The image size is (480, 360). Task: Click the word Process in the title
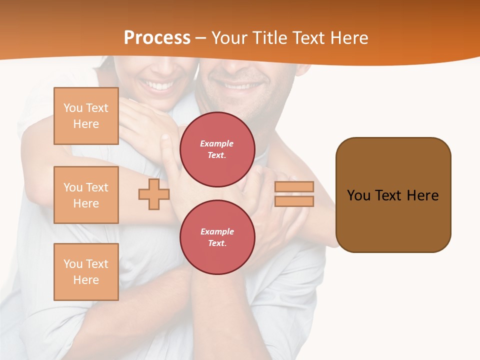tap(157, 38)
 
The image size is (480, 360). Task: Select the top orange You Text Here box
tap(86, 116)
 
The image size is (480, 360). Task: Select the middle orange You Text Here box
tap(86, 195)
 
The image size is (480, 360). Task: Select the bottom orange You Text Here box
tap(86, 272)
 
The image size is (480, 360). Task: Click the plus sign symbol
tap(154, 194)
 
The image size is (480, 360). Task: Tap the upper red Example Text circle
tap(217, 149)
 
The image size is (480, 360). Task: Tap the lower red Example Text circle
tap(217, 237)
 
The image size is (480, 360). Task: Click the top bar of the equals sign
tap(294, 187)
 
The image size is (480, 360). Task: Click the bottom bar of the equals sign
tap(294, 201)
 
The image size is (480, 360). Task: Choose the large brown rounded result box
tap(393, 195)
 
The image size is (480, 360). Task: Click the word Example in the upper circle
tap(217, 144)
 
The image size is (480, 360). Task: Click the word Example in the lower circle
tap(217, 232)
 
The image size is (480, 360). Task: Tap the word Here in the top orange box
tap(86, 124)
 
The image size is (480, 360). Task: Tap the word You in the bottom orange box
tap(73, 264)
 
